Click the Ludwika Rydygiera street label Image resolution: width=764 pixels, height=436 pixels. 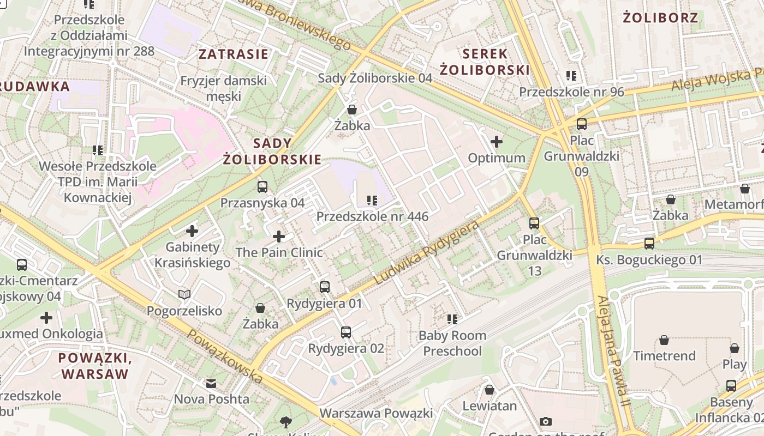click(x=427, y=253)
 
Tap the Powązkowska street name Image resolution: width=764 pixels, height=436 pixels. click(x=225, y=355)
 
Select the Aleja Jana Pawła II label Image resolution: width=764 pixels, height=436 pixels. click(x=613, y=352)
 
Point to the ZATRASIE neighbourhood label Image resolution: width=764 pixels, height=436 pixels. click(x=233, y=54)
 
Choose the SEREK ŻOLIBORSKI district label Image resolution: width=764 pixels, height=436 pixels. click(x=485, y=62)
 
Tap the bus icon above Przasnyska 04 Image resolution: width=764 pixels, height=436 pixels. click(x=262, y=187)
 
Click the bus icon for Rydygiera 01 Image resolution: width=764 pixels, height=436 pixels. click(x=325, y=287)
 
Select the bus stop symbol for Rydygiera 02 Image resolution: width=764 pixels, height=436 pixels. click(x=346, y=332)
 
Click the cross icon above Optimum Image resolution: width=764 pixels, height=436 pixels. click(x=497, y=142)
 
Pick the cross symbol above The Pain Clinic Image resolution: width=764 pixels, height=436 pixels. click(x=279, y=237)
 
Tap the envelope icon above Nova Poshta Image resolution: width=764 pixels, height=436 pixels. click(x=211, y=383)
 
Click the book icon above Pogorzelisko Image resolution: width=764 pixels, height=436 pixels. click(x=184, y=295)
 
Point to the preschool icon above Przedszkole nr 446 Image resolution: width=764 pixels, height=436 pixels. click(x=373, y=201)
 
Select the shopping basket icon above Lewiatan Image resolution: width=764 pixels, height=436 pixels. click(x=490, y=390)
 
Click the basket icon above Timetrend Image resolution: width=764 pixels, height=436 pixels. click(x=664, y=340)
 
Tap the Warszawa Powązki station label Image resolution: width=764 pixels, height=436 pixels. click(x=376, y=413)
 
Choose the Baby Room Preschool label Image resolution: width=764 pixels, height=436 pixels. click(x=452, y=343)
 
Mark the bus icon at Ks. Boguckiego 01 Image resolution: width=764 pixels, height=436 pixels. click(x=649, y=243)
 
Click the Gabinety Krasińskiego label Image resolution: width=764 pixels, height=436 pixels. click(x=192, y=255)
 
